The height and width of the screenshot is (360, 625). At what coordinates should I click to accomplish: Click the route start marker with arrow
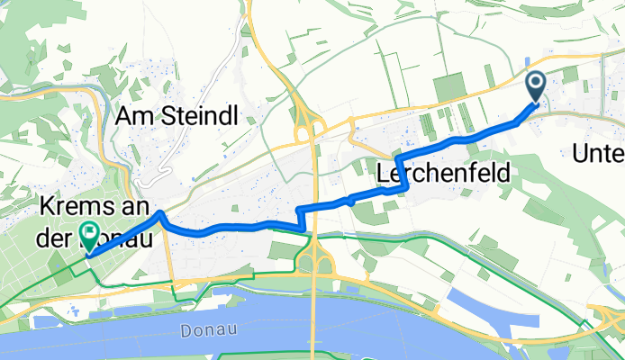coord(535,87)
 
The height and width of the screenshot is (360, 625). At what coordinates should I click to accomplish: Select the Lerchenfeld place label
coord(443,171)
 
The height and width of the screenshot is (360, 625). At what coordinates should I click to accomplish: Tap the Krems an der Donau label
coord(95,223)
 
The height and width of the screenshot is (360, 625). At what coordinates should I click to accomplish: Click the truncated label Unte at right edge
coord(598,154)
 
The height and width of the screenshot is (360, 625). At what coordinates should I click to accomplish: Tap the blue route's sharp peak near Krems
coord(159,213)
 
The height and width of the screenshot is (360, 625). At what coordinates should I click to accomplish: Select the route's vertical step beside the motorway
coord(299,217)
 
